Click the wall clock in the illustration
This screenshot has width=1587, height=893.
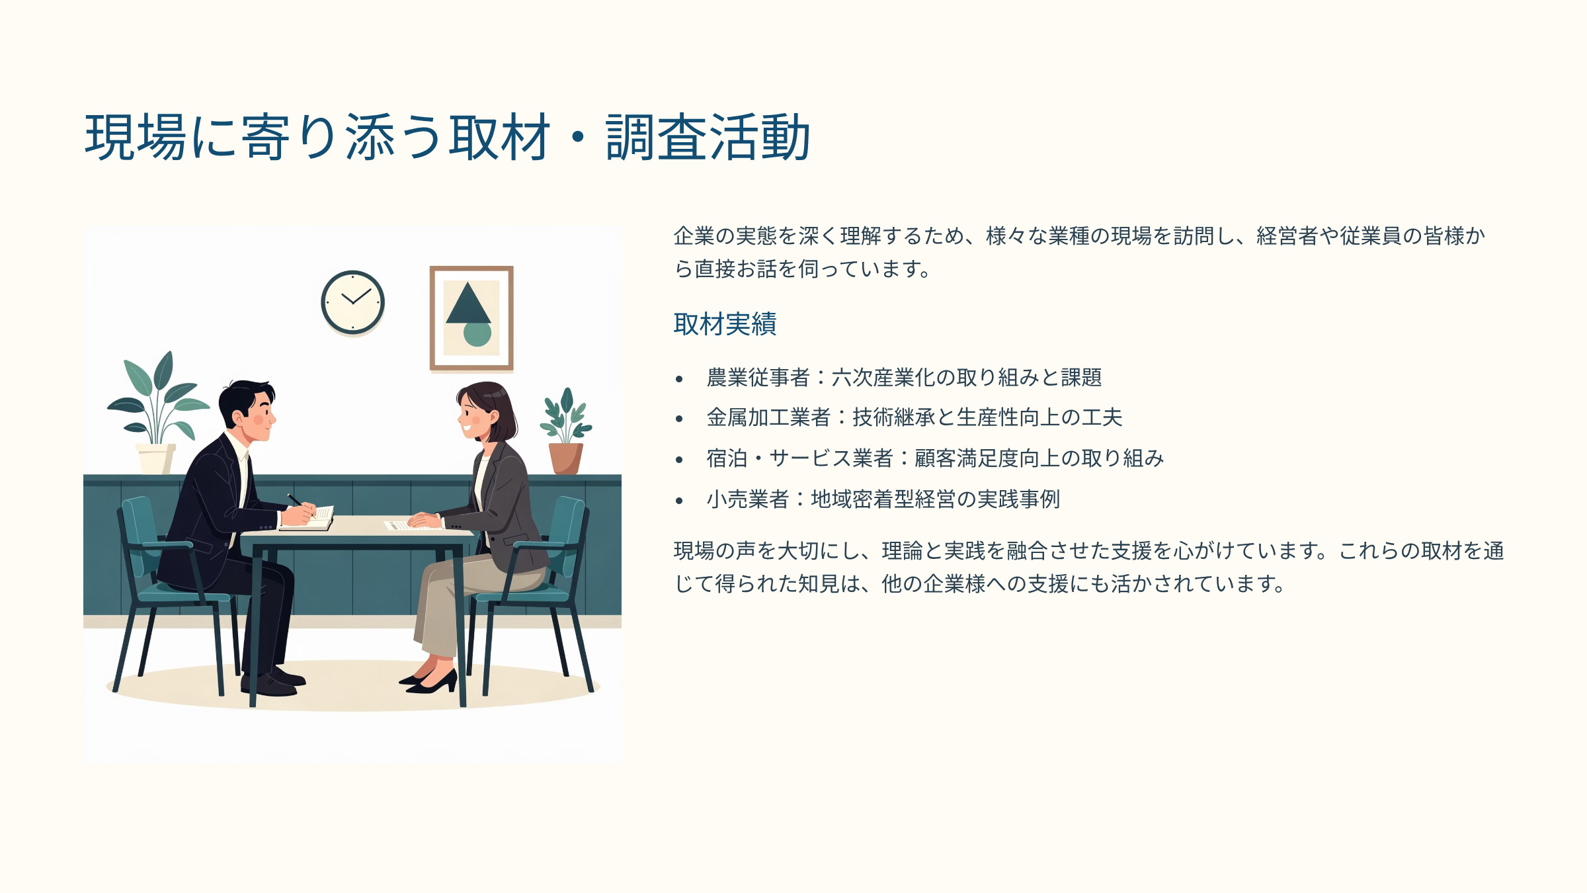352,302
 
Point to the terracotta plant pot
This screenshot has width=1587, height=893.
566,458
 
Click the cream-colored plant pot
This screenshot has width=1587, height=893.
155,458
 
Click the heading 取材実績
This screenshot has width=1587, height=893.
725,324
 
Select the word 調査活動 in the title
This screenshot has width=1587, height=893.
708,137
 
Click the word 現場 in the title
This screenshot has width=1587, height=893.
136,137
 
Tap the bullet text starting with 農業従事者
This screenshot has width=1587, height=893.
904,377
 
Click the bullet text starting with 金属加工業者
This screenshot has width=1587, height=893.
915,417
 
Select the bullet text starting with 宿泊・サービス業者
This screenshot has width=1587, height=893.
935,458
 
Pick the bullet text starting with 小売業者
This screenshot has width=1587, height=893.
883,499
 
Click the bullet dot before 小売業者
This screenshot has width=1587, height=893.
679,501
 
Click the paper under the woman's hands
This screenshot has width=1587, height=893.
407,525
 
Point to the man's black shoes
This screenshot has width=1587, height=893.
274,681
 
